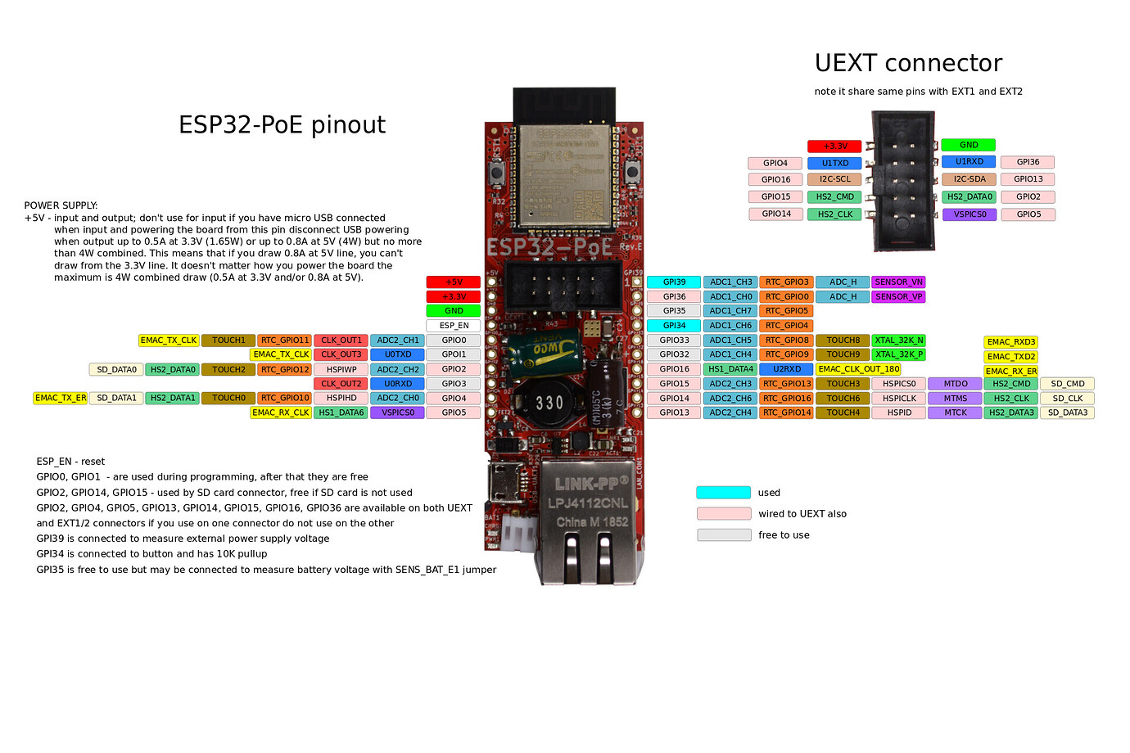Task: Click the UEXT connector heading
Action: pos(908,63)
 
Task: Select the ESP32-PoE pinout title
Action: pos(282,124)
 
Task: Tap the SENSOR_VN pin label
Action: pos(898,282)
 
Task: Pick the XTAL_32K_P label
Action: pos(898,354)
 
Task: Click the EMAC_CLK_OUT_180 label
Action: pos(858,369)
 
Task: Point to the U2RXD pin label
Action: pos(786,369)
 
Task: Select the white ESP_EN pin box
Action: pos(454,326)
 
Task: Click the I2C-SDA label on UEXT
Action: pos(970,179)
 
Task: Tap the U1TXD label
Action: pos(834,163)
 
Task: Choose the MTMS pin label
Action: pos(955,399)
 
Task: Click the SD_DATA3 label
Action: pos(1068,413)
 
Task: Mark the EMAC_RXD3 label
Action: pos(1010,342)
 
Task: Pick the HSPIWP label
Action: pos(341,369)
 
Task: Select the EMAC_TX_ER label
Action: pos(61,399)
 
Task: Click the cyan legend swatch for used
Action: pos(723,493)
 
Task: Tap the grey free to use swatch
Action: pos(724,535)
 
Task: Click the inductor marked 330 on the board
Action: pos(549,403)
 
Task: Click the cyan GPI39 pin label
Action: pos(674,282)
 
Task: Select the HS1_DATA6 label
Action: pos(341,413)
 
